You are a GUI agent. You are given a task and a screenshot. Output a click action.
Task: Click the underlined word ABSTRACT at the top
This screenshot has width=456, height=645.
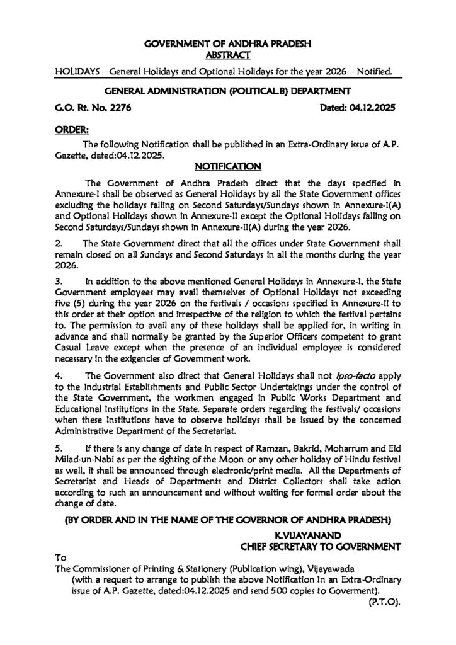[x=229, y=55]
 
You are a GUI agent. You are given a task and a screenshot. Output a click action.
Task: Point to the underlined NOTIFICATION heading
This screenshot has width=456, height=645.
[x=227, y=167]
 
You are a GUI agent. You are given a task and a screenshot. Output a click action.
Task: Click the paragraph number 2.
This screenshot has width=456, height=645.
[x=58, y=243]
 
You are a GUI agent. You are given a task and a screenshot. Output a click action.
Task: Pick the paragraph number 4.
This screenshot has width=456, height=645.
[x=58, y=374]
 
